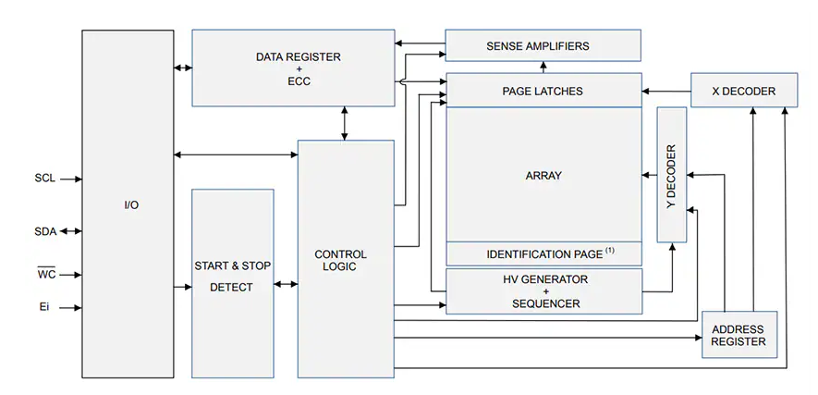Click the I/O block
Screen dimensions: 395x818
coord(128,204)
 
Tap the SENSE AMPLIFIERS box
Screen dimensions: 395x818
coord(543,45)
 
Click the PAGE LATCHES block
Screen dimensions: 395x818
coord(543,91)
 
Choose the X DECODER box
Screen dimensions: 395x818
coord(744,91)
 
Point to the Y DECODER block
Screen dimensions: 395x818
coord(672,175)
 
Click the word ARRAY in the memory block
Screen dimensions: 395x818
coord(543,175)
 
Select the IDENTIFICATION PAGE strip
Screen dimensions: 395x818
coord(543,253)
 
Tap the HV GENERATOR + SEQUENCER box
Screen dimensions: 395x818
coord(543,290)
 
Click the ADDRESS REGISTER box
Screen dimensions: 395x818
coord(739,335)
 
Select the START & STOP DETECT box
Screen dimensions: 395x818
coord(232,277)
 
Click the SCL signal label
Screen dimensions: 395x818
coord(44,179)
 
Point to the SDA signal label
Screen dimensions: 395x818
coord(44,231)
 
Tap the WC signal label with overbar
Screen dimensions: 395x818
coord(45,275)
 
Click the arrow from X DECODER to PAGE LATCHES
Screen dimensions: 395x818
coord(666,91)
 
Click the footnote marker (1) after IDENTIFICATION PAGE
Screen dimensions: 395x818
coord(610,250)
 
